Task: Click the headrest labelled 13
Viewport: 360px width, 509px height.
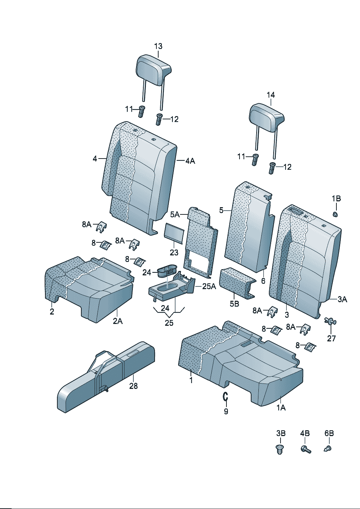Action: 153,70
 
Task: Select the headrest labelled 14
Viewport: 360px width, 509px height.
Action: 266,117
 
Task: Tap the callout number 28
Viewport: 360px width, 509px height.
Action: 134,386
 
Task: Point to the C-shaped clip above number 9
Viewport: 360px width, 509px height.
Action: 225,397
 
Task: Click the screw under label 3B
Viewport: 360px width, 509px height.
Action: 280,449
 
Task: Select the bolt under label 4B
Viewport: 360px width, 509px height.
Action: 306,449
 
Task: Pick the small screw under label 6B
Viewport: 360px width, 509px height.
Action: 328,449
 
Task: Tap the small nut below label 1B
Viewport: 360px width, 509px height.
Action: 336,214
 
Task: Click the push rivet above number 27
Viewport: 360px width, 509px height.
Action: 330,321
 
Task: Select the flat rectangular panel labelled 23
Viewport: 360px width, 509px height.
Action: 174,232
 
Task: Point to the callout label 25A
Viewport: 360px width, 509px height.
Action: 209,287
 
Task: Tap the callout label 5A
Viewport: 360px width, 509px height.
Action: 175,214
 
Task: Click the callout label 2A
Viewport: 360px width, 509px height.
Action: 118,321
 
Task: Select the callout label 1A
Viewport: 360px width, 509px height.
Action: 281,408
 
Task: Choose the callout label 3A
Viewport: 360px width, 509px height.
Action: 342,299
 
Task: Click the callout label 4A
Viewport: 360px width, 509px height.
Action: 190,161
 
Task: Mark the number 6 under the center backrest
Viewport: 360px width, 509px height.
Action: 263,281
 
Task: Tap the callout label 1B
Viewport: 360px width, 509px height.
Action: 336,198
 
